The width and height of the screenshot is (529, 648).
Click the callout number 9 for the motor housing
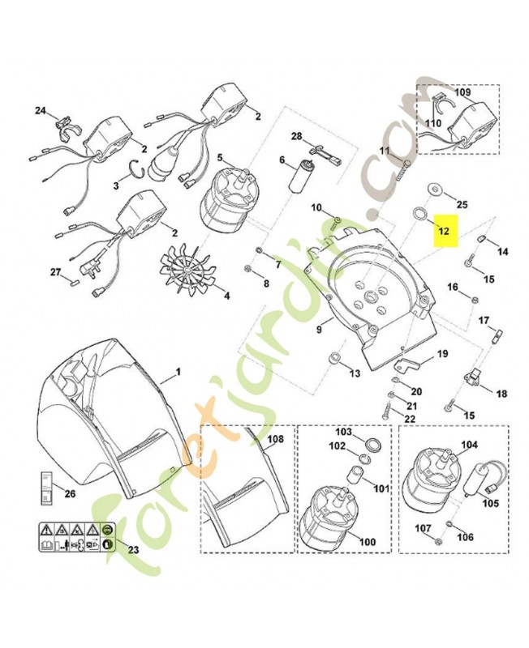[319, 330]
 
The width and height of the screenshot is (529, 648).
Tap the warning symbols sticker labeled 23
[73, 539]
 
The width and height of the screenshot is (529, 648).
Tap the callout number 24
[41, 110]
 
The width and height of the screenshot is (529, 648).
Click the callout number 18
[501, 394]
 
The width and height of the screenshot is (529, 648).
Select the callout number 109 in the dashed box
[462, 94]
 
